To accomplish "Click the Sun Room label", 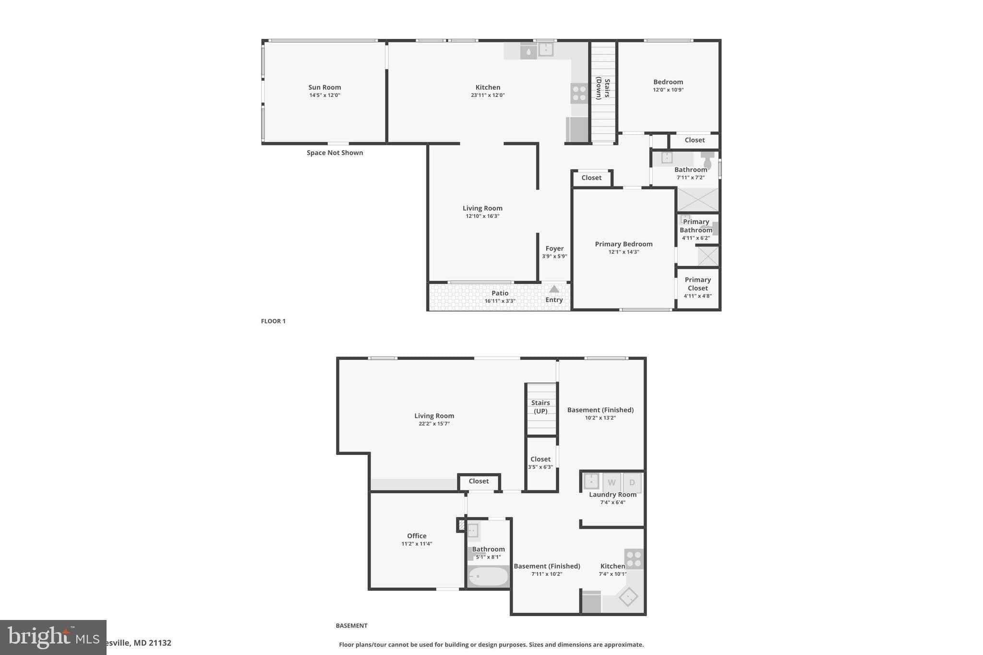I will (324, 87).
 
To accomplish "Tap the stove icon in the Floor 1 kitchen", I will (579, 93).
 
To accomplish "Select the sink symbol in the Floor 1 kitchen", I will (546, 49).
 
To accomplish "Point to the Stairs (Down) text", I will (603, 89).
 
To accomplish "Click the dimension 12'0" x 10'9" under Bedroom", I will (668, 90).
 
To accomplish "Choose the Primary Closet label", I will (697, 284).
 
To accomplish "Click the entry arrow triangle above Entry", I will (554, 289).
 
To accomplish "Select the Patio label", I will (500, 293).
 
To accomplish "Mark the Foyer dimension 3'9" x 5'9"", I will (554, 256).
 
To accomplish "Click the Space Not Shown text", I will (335, 153).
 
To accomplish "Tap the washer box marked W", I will (611, 482).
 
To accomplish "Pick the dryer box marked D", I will (632, 482).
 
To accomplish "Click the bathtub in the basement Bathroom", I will (488, 576).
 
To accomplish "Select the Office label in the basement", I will (417, 536).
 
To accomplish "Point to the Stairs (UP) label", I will (540, 407).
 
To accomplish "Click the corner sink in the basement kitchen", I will (628, 597).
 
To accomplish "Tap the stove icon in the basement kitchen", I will (634, 559).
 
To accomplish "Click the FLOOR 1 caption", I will (273, 321).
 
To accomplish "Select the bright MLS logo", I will (53, 637).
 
